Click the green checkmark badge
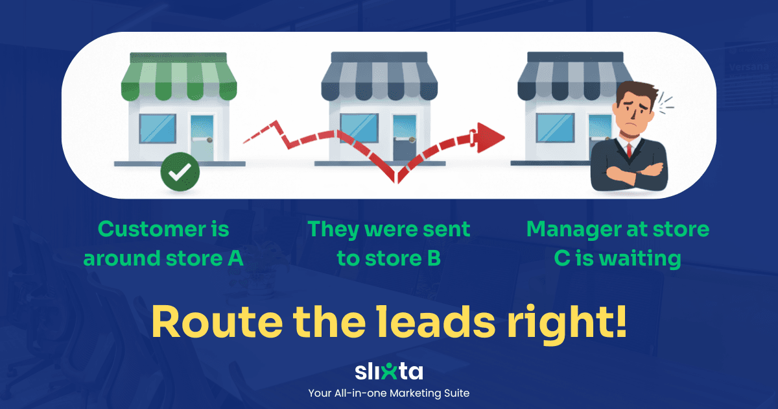(x=180, y=171)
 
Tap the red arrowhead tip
(x=504, y=138)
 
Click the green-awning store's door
(x=202, y=138)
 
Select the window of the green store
(x=158, y=129)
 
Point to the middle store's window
(x=359, y=128)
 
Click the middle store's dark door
(x=405, y=138)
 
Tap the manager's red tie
(x=629, y=150)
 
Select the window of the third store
(x=555, y=129)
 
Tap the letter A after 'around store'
(x=235, y=258)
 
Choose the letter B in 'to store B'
(x=434, y=258)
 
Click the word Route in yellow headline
(x=217, y=322)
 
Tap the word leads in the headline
(x=436, y=321)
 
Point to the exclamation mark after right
(x=620, y=321)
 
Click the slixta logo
(x=389, y=371)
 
